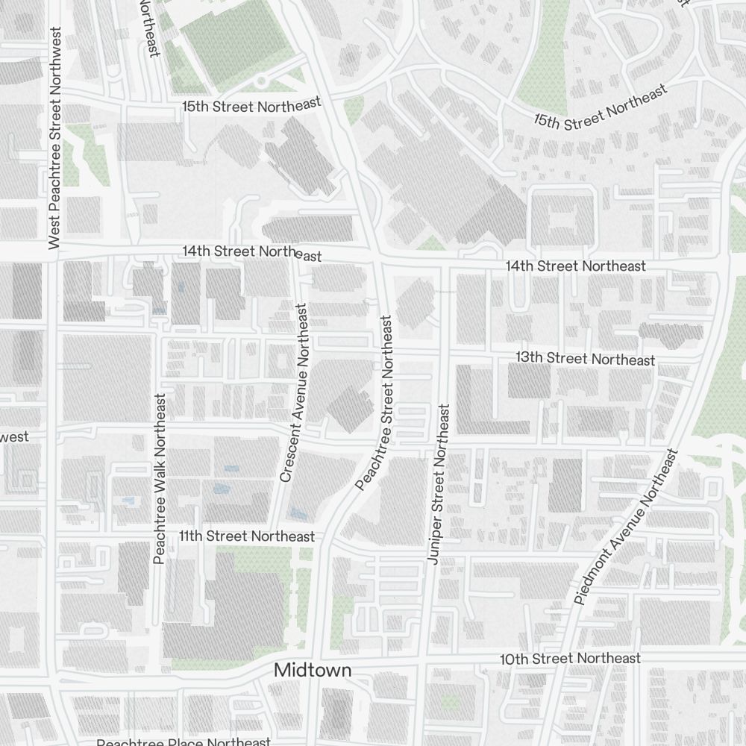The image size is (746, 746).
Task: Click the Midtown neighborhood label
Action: pyautogui.click(x=313, y=670)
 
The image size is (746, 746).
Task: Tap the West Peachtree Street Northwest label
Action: pyautogui.click(x=54, y=138)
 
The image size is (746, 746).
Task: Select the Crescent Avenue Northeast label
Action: pyautogui.click(x=293, y=392)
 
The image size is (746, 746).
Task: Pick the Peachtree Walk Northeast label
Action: pyautogui.click(x=159, y=478)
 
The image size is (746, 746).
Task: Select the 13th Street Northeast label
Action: pyautogui.click(x=585, y=359)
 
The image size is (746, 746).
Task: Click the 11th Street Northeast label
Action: pyautogui.click(x=247, y=536)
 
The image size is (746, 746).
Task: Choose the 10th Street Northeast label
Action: pyautogui.click(x=570, y=659)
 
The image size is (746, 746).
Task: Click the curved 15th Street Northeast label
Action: pyautogui.click(x=600, y=109)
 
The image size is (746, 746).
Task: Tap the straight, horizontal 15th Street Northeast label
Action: pyautogui.click(x=251, y=105)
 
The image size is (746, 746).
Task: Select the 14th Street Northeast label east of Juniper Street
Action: pyautogui.click(x=575, y=266)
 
